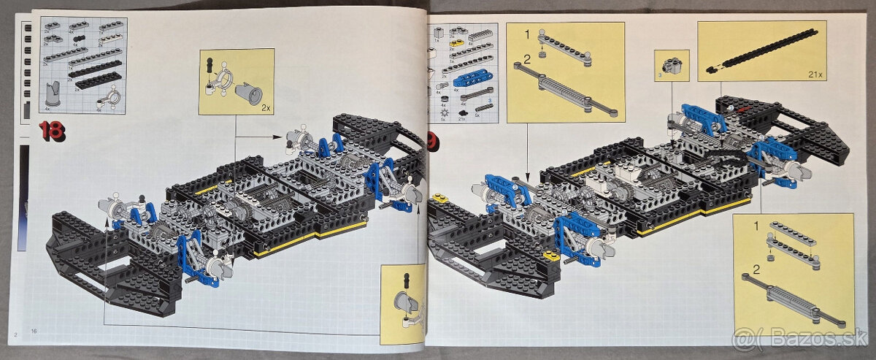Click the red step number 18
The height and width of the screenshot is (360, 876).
pyautogui.click(x=52, y=132)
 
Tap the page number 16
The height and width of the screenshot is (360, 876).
pyautogui.click(x=34, y=333)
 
